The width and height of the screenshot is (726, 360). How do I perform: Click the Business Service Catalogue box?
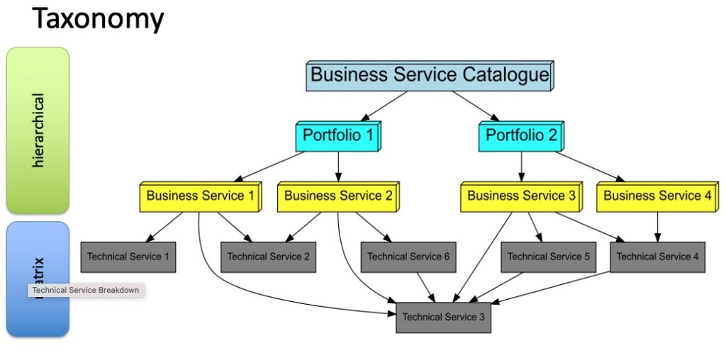(430, 75)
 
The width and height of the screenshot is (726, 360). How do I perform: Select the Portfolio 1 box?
(337, 136)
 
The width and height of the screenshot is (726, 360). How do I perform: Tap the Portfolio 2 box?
(521, 136)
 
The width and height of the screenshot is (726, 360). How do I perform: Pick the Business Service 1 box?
(200, 196)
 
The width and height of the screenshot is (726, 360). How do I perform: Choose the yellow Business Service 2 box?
(338, 196)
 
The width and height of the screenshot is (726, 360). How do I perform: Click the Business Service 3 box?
(521, 196)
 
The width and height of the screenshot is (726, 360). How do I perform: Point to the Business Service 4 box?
(657, 196)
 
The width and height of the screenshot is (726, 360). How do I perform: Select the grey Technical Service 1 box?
(128, 257)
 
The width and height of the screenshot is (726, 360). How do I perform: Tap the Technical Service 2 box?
(268, 257)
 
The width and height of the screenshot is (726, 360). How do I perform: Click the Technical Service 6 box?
(408, 257)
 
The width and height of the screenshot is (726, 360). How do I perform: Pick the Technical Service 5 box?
(548, 257)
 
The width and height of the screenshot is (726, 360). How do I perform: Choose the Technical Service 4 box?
(657, 257)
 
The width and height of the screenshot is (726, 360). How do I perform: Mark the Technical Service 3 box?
(443, 317)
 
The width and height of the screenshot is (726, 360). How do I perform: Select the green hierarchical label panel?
(38, 130)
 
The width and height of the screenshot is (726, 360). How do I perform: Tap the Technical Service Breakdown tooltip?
(86, 291)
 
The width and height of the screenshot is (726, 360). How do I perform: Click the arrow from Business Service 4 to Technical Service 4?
(657, 227)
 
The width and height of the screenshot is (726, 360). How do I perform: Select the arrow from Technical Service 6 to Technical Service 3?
(426, 287)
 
